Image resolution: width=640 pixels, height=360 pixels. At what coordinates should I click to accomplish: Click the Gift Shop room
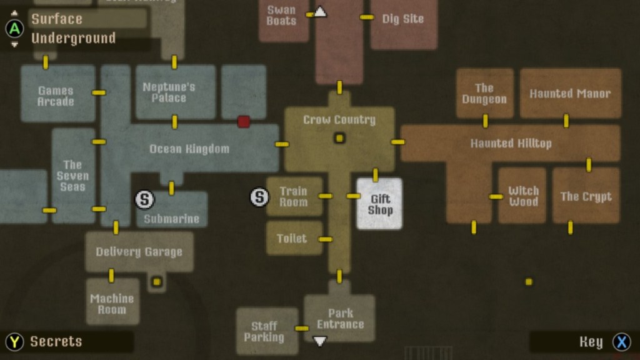coord(379,204)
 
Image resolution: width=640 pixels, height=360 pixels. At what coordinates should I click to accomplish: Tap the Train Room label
coord(294,196)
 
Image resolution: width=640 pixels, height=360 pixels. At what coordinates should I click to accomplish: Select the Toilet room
coord(292,238)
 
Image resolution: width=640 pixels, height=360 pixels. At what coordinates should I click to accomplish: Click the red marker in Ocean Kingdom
coord(244,122)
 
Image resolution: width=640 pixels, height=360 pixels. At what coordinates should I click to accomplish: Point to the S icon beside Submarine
coord(144,199)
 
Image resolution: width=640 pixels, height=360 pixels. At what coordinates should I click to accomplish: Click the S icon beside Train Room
coord(259,197)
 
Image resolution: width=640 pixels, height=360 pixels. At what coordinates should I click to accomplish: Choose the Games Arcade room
coord(56,96)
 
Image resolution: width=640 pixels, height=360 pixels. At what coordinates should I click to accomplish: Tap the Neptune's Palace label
coord(169,92)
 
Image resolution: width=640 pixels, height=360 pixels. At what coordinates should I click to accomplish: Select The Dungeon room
coord(484,94)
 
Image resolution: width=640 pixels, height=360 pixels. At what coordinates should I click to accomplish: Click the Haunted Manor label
coord(570,94)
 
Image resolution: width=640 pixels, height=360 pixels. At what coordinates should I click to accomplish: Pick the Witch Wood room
coord(522,196)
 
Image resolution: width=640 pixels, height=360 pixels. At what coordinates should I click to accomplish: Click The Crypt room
coord(586,196)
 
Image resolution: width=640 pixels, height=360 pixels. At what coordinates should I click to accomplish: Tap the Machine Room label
coord(112,304)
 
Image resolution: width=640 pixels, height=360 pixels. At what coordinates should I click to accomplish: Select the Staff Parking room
coord(264,331)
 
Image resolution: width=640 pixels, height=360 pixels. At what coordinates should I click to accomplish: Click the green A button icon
coord(14,28)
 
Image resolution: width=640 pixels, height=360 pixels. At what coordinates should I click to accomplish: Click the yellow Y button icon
coord(14,342)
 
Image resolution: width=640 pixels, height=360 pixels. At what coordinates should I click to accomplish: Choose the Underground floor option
coord(74,38)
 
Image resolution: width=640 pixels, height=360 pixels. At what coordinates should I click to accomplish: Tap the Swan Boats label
coord(281,15)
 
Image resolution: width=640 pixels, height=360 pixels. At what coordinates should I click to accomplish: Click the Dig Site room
coord(403,19)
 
